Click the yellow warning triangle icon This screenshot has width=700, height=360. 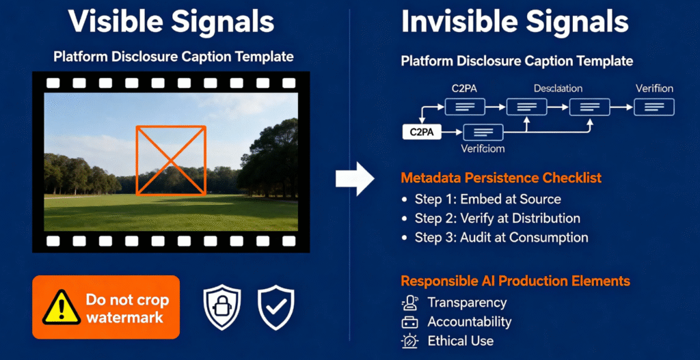pyautogui.click(x=62, y=307)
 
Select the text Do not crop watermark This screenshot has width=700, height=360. pyautogui.click(x=126, y=308)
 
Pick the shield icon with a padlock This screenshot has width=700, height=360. pyautogui.click(x=222, y=307)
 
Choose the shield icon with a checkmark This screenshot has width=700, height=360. pyautogui.click(x=275, y=307)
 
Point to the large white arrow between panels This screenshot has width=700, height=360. pyautogui.click(x=355, y=180)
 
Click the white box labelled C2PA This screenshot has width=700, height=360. pyautogui.click(x=422, y=132)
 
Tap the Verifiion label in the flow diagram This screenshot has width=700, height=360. pyautogui.click(x=654, y=89)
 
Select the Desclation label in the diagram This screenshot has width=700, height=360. pyautogui.click(x=558, y=89)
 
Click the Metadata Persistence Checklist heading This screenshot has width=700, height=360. pyautogui.click(x=501, y=178)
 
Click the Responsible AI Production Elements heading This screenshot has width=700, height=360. pyautogui.click(x=515, y=281)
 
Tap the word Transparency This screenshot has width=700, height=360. pyautogui.click(x=467, y=303)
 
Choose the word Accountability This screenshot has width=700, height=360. pyautogui.click(x=469, y=322)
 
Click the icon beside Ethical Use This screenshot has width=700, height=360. pyautogui.click(x=410, y=341)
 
